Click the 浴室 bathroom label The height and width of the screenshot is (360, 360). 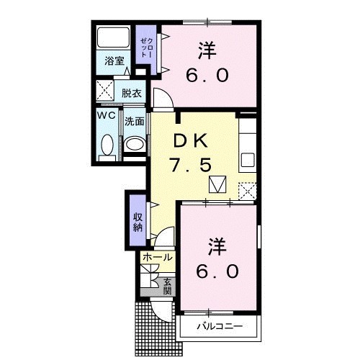point(114,61)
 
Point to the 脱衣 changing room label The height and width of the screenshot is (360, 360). point(130,93)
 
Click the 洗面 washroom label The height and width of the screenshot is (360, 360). point(135,122)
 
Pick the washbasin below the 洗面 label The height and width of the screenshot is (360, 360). point(135,144)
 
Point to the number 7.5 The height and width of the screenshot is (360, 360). point(191,166)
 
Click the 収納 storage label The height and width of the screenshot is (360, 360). point(137,222)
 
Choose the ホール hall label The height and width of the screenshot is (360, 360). point(157,257)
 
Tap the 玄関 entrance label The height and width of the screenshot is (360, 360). point(167,286)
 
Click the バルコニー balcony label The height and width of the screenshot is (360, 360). point(217,328)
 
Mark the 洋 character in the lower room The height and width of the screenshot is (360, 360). point(217,247)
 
